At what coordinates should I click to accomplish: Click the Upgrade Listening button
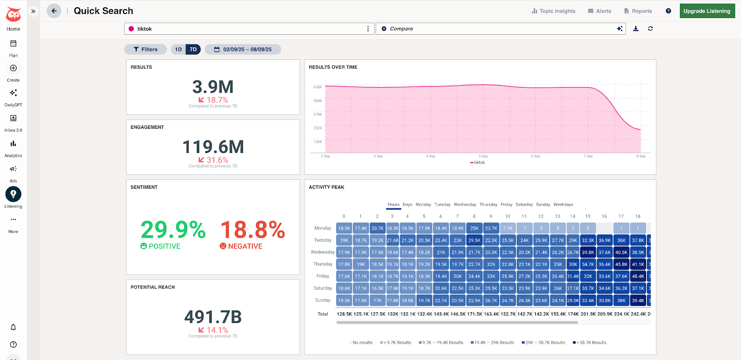point(707,11)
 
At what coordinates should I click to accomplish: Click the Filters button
point(145,50)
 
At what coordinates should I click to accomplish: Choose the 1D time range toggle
point(178,50)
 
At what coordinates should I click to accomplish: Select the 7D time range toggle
point(193,50)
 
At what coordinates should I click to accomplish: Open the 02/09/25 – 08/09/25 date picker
point(243,50)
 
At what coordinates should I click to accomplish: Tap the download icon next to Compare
point(636,29)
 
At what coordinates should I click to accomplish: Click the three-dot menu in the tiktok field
point(368,29)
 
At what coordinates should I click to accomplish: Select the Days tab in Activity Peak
point(408,204)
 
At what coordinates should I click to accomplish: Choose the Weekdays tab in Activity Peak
point(563,204)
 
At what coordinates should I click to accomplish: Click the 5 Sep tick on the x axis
point(483,156)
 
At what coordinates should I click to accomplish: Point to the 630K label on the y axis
point(318,87)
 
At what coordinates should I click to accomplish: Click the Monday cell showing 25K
point(474,228)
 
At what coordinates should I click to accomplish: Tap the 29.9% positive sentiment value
point(173,230)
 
